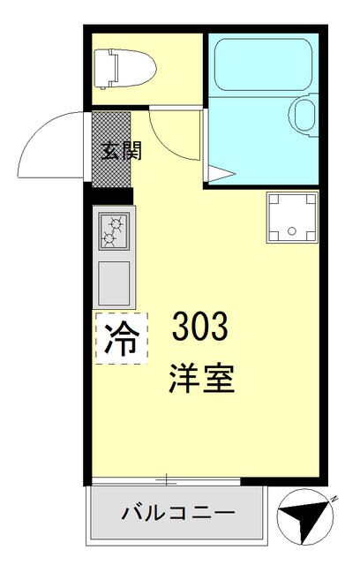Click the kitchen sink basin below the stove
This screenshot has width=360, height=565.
pos(114,282)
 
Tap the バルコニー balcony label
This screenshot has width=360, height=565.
pos(177,513)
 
